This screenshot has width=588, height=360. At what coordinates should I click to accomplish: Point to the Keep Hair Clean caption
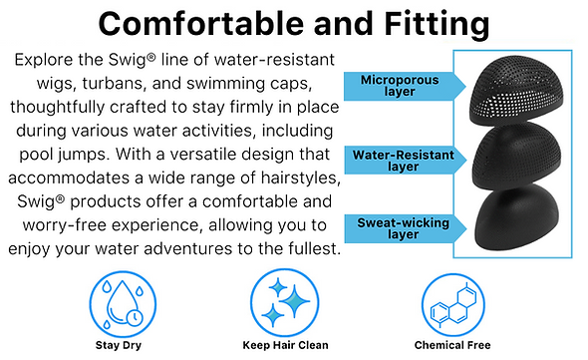tap(279, 345)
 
